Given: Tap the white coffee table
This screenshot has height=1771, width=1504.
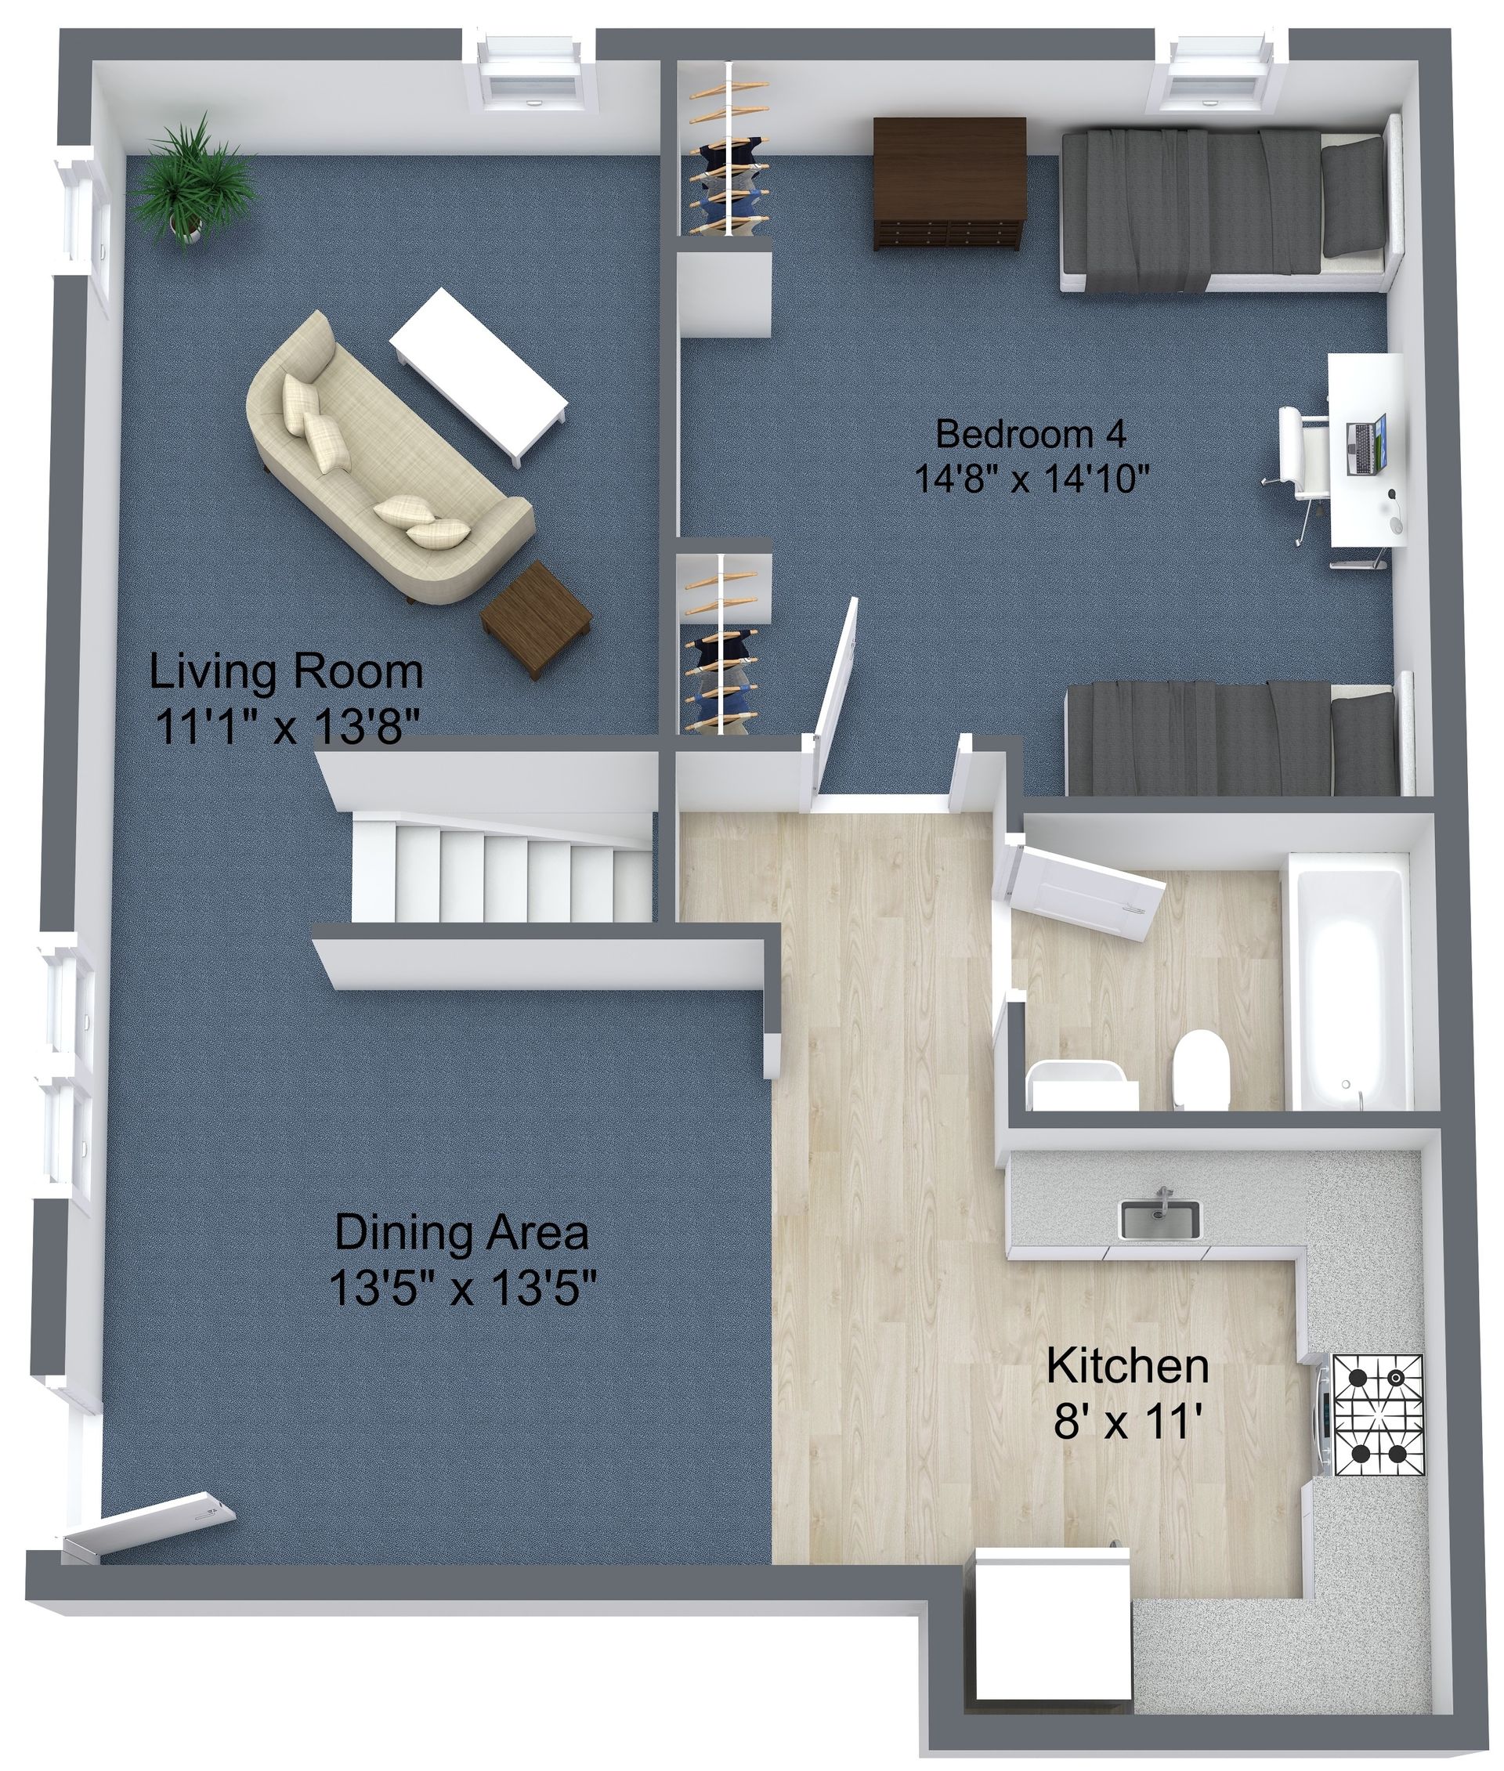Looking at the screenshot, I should click(479, 376).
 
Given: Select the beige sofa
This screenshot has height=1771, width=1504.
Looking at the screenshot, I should click(384, 461).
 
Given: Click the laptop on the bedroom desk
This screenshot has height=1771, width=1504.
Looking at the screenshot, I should click(1366, 444).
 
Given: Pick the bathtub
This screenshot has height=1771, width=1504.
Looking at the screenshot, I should click(1350, 989).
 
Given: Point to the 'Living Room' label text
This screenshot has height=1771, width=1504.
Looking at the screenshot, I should click(286, 671).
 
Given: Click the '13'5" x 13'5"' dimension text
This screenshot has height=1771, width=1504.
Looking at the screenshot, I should click(461, 1288).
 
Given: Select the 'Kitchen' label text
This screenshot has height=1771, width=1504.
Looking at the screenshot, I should click(1127, 1365).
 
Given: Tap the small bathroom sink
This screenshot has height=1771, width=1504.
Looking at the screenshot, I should click(1081, 1086).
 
